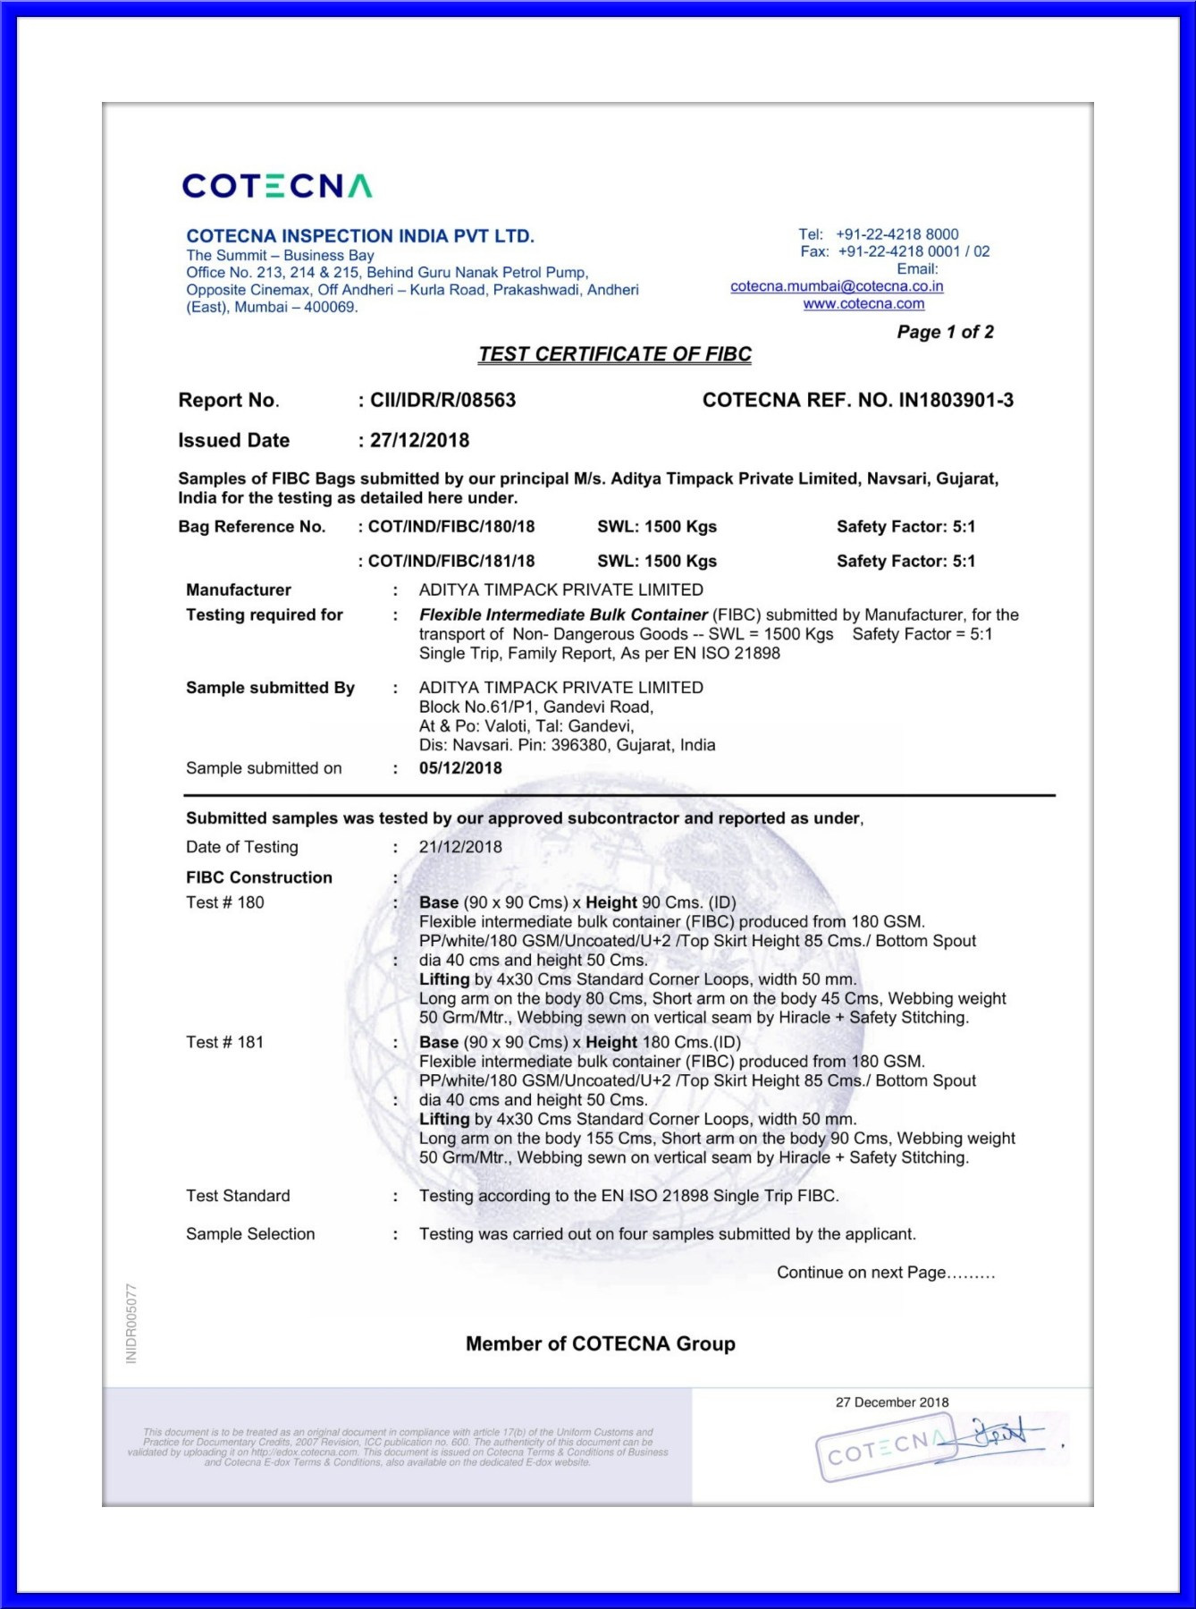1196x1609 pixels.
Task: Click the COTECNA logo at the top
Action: [x=276, y=186]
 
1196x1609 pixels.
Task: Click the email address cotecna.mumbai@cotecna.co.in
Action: [x=837, y=286]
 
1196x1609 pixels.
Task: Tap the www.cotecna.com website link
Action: [x=863, y=304]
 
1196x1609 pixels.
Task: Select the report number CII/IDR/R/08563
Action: [x=442, y=400]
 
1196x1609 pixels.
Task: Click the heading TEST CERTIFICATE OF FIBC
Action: [x=615, y=354]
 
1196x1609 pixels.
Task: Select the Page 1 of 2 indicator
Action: [x=945, y=332]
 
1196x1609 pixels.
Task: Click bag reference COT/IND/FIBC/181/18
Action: [x=451, y=561]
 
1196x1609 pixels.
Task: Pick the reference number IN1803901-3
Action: [x=956, y=400]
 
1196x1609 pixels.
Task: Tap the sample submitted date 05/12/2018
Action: [x=460, y=768]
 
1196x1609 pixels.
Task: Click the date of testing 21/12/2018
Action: [x=460, y=847]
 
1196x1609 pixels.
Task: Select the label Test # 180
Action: [x=225, y=902]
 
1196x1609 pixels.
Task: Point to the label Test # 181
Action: [x=225, y=1042]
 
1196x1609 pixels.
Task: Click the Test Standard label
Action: [x=238, y=1196]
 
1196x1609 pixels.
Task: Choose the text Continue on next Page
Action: [x=885, y=1273]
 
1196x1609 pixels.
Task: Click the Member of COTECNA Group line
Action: [x=600, y=1343]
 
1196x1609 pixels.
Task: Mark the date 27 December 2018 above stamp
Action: [x=892, y=1402]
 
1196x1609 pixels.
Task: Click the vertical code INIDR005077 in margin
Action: [x=131, y=1324]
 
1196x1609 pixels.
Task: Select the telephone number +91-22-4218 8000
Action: [x=897, y=234]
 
